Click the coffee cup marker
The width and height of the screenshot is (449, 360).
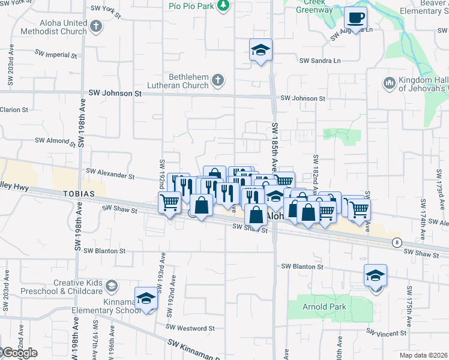pos(355,18)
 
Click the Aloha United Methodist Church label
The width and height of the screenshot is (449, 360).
pos(54,27)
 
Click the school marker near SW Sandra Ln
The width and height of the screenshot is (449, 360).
pos(261,50)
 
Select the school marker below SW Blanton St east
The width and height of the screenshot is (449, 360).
pos(376,275)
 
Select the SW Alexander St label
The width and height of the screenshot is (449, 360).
pos(110,174)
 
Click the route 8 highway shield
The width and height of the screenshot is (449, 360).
pos(397,242)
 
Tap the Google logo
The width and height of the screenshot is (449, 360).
pos(19,353)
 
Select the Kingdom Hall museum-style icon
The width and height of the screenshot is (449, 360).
pos(388,82)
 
